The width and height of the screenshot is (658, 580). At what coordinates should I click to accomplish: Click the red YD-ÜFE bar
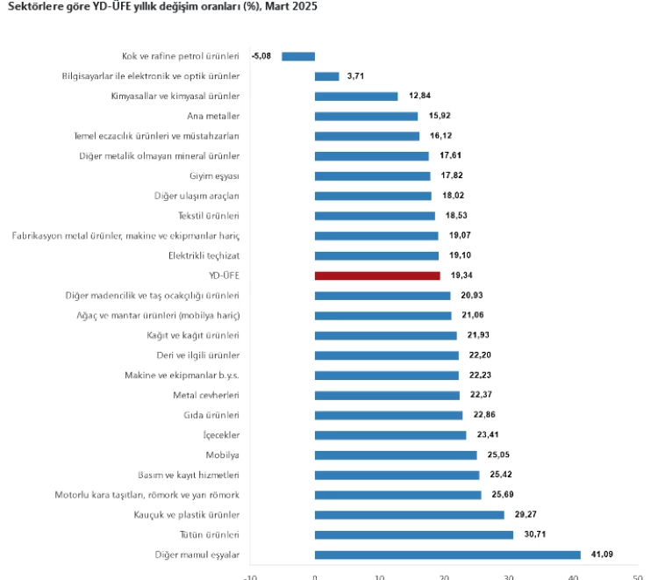[377, 276]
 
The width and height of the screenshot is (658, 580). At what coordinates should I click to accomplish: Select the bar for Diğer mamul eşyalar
[447, 555]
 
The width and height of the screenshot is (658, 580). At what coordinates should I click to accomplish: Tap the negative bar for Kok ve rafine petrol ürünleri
[298, 56]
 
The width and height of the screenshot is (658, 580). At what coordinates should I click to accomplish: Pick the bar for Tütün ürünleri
[414, 534]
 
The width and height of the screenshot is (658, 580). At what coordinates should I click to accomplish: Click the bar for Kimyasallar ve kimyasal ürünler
[356, 97]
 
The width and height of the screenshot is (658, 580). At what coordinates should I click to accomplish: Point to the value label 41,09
[602, 555]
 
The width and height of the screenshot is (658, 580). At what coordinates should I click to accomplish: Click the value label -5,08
[262, 56]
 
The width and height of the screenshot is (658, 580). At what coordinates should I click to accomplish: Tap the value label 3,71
[355, 76]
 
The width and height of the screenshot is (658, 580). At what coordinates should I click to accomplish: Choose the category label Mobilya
[223, 455]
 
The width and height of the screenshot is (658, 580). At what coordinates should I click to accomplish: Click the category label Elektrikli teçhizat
[204, 255]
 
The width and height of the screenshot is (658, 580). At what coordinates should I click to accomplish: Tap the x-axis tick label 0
[315, 576]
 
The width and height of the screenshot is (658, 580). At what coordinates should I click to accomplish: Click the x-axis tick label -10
[249, 576]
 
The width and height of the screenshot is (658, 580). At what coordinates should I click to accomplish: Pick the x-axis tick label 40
[574, 576]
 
